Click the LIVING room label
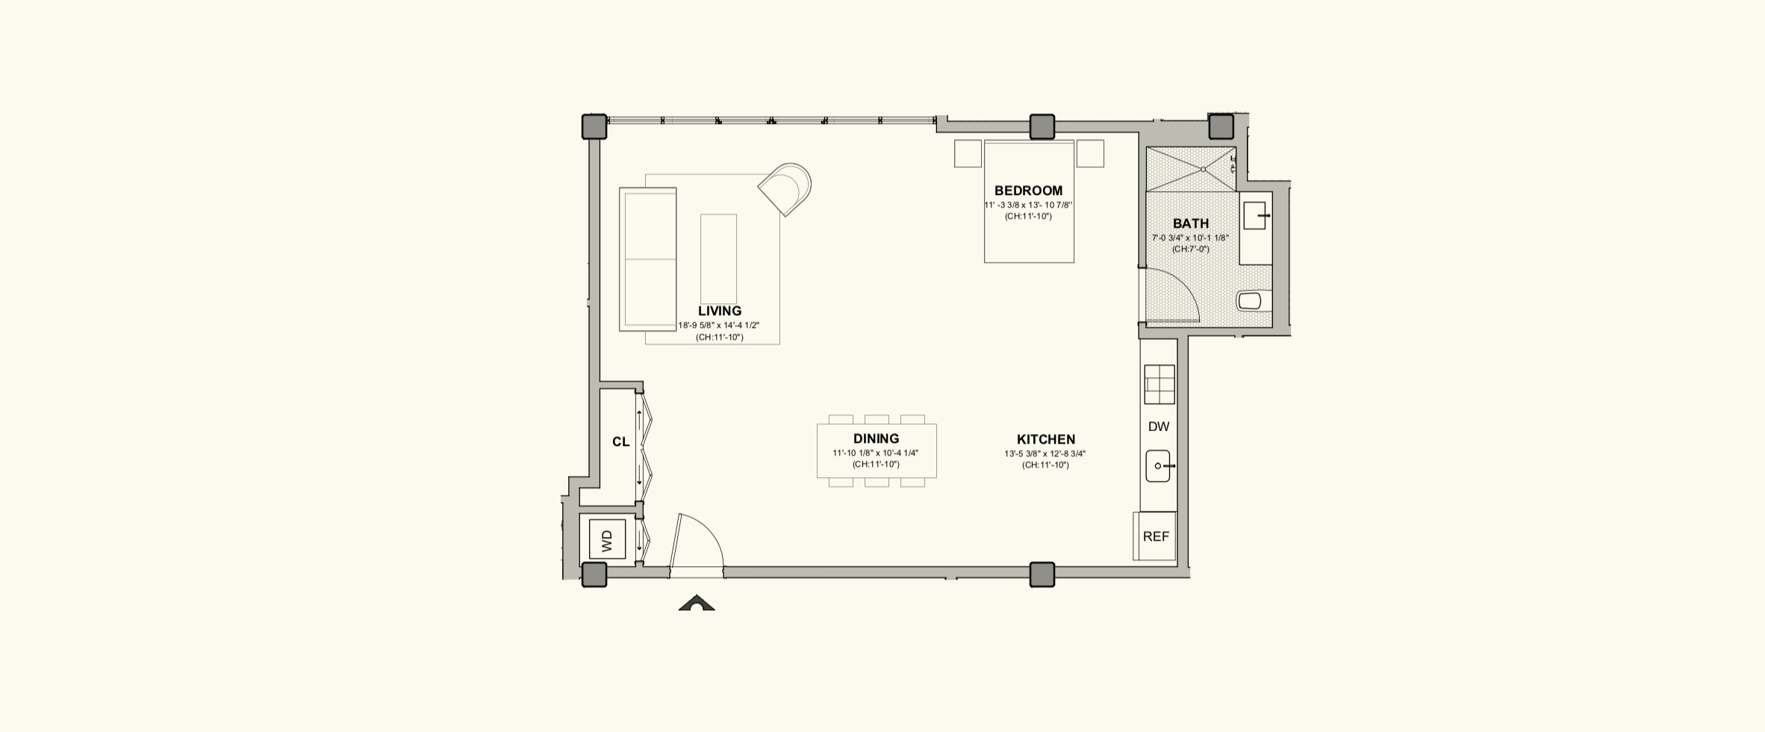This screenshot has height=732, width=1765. point(720,311)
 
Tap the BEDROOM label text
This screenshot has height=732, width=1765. point(1028,190)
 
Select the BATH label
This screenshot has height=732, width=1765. point(1190,223)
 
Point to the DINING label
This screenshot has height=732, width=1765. point(876,438)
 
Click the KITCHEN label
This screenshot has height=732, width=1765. point(1045,439)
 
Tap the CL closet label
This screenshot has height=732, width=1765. point(620,441)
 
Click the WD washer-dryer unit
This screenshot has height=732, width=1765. point(607,539)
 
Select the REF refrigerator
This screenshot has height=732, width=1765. point(1155,536)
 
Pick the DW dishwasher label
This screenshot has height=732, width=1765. point(1158,427)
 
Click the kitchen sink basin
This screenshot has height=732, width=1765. point(1158,466)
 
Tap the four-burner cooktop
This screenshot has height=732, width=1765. point(1159,385)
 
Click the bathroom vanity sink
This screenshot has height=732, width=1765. point(1255,215)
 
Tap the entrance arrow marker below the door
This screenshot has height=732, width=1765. point(697,603)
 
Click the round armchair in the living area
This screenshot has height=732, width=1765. point(785,189)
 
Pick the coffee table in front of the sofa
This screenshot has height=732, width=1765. point(718,258)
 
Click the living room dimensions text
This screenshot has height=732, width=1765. point(718,325)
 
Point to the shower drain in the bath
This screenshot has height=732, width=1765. point(1203,170)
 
